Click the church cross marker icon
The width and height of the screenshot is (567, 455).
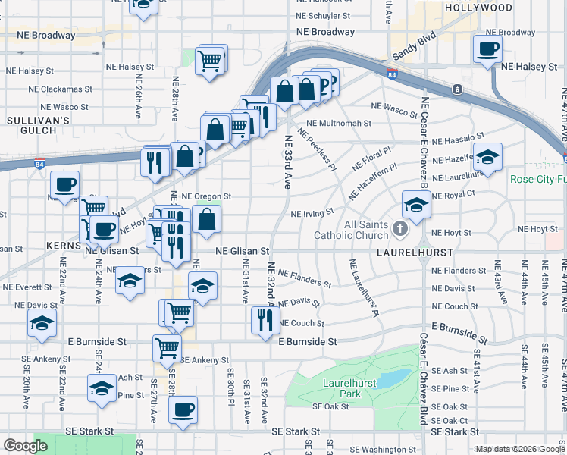click(401, 227)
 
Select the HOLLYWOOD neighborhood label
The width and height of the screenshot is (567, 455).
click(479, 7)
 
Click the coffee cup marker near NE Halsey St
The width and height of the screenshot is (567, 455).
click(487, 49)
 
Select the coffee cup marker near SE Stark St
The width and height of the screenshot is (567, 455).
click(182, 410)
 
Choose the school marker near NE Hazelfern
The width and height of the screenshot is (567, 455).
click(487, 157)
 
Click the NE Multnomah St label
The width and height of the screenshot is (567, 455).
click(338, 123)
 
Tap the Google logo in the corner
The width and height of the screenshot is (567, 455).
click(26, 446)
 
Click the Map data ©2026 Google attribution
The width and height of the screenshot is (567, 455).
click(520, 449)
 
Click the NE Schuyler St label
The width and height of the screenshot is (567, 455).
click(323, 15)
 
